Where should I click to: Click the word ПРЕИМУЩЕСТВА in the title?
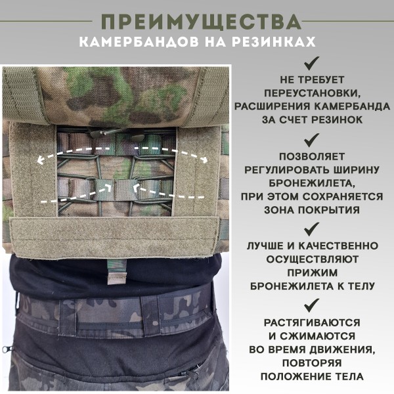[197, 22]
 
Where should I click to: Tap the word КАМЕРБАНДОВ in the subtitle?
[138, 43]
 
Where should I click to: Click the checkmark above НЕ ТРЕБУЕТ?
[312, 64]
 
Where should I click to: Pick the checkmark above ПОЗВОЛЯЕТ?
[312, 139]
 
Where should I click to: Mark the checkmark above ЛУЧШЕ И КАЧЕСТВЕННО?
[312, 229]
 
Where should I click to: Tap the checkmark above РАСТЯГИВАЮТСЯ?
[312, 305]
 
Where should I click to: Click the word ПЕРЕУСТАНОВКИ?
[312, 95]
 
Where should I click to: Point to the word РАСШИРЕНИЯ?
[270, 107]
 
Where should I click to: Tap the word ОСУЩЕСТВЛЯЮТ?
[312, 258]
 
